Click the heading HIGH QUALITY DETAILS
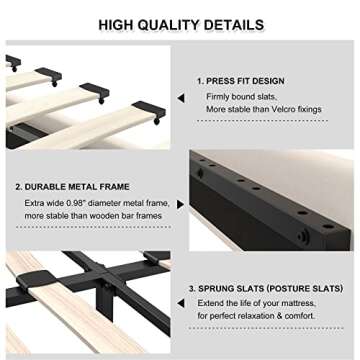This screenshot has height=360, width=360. point(180,23)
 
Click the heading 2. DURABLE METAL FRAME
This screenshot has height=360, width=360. point(71,186)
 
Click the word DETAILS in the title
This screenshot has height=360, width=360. point(235,23)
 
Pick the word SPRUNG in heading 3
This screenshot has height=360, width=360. point(224,288)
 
